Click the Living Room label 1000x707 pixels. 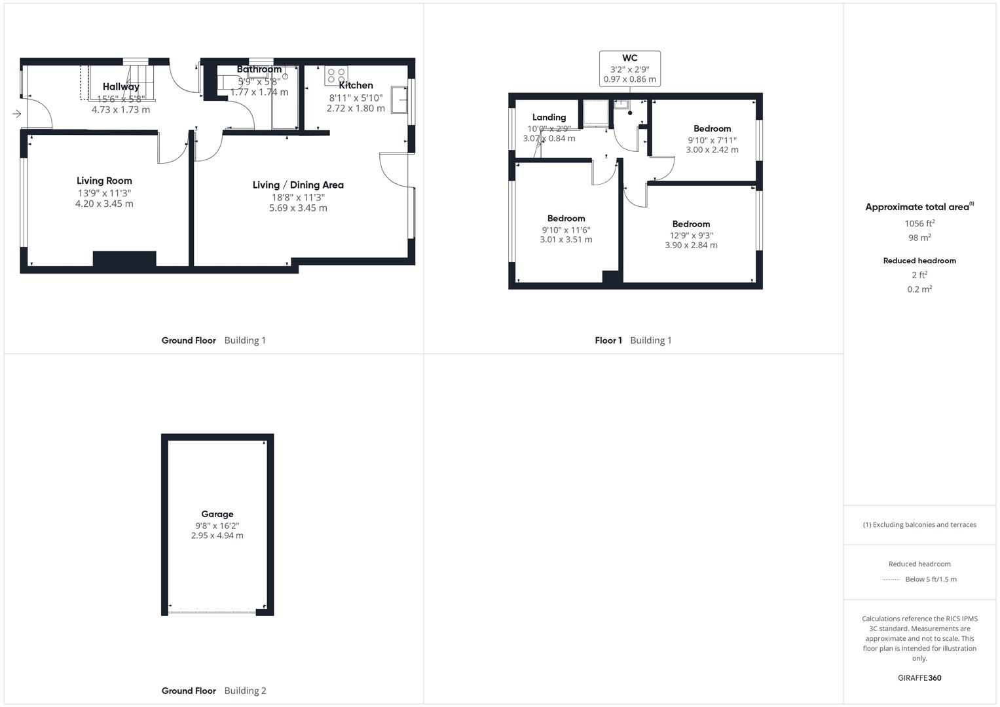tap(104, 181)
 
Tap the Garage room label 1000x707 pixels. tap(217, 514)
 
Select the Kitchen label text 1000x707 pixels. tap(356, 85)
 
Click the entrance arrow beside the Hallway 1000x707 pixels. tap(16, 114)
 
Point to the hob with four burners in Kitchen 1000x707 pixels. tap(336, 75)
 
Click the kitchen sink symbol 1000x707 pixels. tap(399, 100)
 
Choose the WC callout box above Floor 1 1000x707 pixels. tap(629, 68)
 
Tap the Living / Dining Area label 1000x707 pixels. tap(298, 185)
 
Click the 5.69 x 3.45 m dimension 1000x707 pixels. tap(298, 208)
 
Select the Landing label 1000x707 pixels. tap(549, 117)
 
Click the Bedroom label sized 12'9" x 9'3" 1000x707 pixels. tap(691, 224)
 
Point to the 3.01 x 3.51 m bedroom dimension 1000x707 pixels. tap(566, 240)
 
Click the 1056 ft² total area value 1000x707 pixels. tap(919, 223)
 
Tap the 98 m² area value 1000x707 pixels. tap(919, 238)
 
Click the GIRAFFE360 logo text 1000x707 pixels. tap(919, 678)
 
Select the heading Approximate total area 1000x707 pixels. tap(917, 207)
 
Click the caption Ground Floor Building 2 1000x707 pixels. tap(213, 691)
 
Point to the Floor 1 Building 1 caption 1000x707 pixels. tap(633, 340)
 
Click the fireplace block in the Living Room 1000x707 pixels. tap(124, 259)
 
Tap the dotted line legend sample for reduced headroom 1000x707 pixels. tap(891, 579)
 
